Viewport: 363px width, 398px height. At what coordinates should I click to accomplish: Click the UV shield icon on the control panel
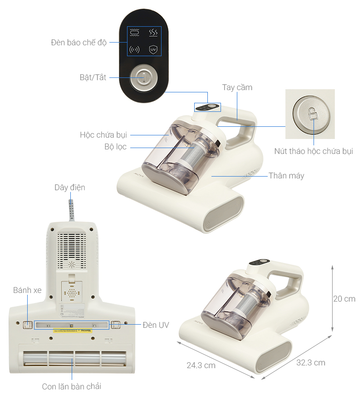coord(153,49)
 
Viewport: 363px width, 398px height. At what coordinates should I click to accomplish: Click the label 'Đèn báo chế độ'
coord(78,43)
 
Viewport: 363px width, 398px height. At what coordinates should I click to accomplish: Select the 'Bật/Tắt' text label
coord(93,77)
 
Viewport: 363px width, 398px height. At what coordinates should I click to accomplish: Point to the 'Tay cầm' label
coord(237,87)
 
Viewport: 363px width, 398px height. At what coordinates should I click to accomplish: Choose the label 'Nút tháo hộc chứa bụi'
coord(313,151)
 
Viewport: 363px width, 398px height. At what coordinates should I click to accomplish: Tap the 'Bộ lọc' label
coord(115,147)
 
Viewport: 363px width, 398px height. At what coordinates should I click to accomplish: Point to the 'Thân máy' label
coord(286,176)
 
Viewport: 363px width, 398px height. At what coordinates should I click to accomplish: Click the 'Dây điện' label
coord(69,187)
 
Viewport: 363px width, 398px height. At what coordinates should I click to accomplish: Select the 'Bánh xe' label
coord(27,290)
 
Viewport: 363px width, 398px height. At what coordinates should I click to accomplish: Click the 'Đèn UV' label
coord(156,325)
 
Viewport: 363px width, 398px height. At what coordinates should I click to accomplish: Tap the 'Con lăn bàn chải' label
coord(72,386)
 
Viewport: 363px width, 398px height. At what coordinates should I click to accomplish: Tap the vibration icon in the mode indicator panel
coord(134,49)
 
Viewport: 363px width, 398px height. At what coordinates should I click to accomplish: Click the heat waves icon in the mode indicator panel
coord(153,32)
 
